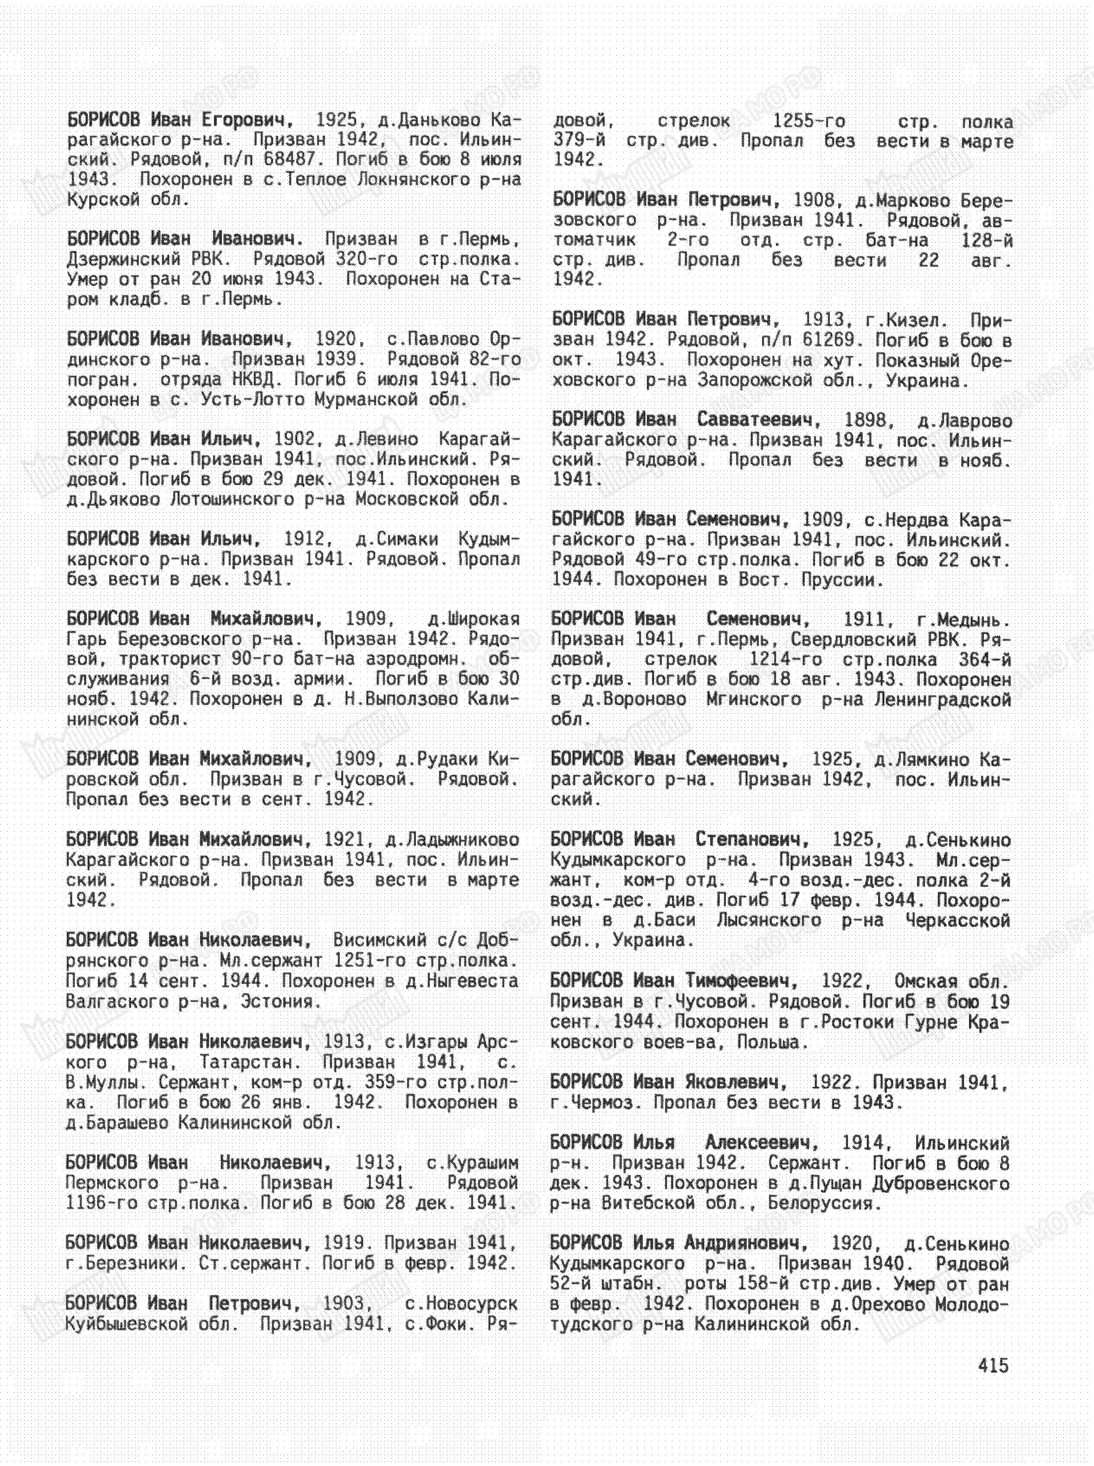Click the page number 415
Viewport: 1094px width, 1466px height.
(x=993, y=1366)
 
